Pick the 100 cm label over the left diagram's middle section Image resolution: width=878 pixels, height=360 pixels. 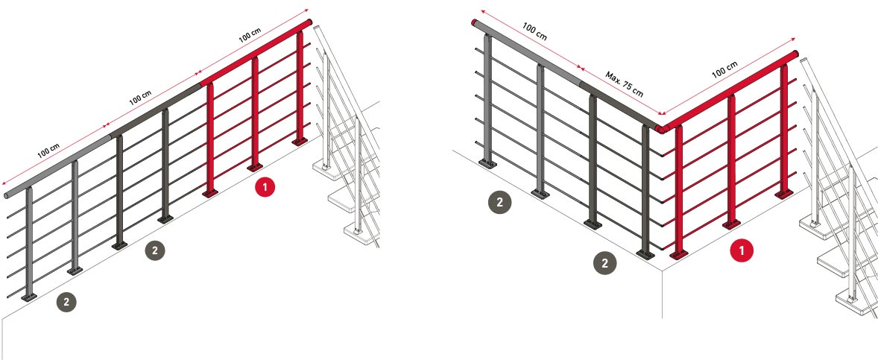click(x=140, y=96)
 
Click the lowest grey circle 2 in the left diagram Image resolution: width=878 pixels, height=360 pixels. click(x=67, y=302)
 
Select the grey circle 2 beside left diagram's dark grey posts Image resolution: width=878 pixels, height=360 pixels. click(x=154, y=251)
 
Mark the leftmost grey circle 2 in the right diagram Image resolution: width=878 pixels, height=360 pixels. click(x=499, y=200)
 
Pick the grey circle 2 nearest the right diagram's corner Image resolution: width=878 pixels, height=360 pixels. click(x=604, y=262)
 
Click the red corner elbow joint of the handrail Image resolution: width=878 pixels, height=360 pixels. click(x=660, y=128)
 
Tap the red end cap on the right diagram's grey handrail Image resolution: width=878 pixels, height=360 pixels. click(x=475, y=22)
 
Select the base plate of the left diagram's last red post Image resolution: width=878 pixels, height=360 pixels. click(x=300, y=140)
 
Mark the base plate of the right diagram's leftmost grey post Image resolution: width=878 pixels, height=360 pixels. click(x=487, y=162)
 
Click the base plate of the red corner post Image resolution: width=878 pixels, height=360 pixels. click(x=678, y=254)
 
